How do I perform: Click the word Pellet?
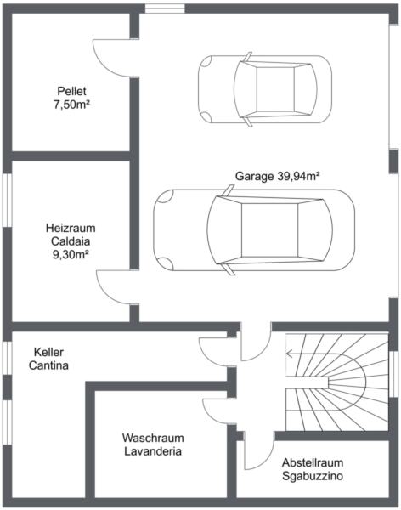[x=72, y=91]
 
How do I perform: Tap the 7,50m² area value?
[x=72, y=105]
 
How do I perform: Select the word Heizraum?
[x=71, y=228]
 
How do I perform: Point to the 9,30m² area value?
[x=71, y=254]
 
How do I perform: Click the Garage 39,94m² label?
[x=278, y=176]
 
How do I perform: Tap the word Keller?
[x=48, y=352]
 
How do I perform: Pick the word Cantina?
[x=48, y=365]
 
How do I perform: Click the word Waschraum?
[x=153, y=438]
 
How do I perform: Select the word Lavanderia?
[x=153, y=451]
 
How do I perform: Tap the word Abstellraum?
[x=313, y=462]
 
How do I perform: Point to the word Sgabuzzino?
[x=313, y=476]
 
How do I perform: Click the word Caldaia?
[x=71, y=241]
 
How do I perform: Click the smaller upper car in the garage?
[x=265, y=89]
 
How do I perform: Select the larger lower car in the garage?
[x=254, y=230]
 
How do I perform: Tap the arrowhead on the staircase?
[x=289, y=353]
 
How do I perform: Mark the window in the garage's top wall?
[x=165, y=8]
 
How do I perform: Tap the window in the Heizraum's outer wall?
[x=7, y=200]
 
